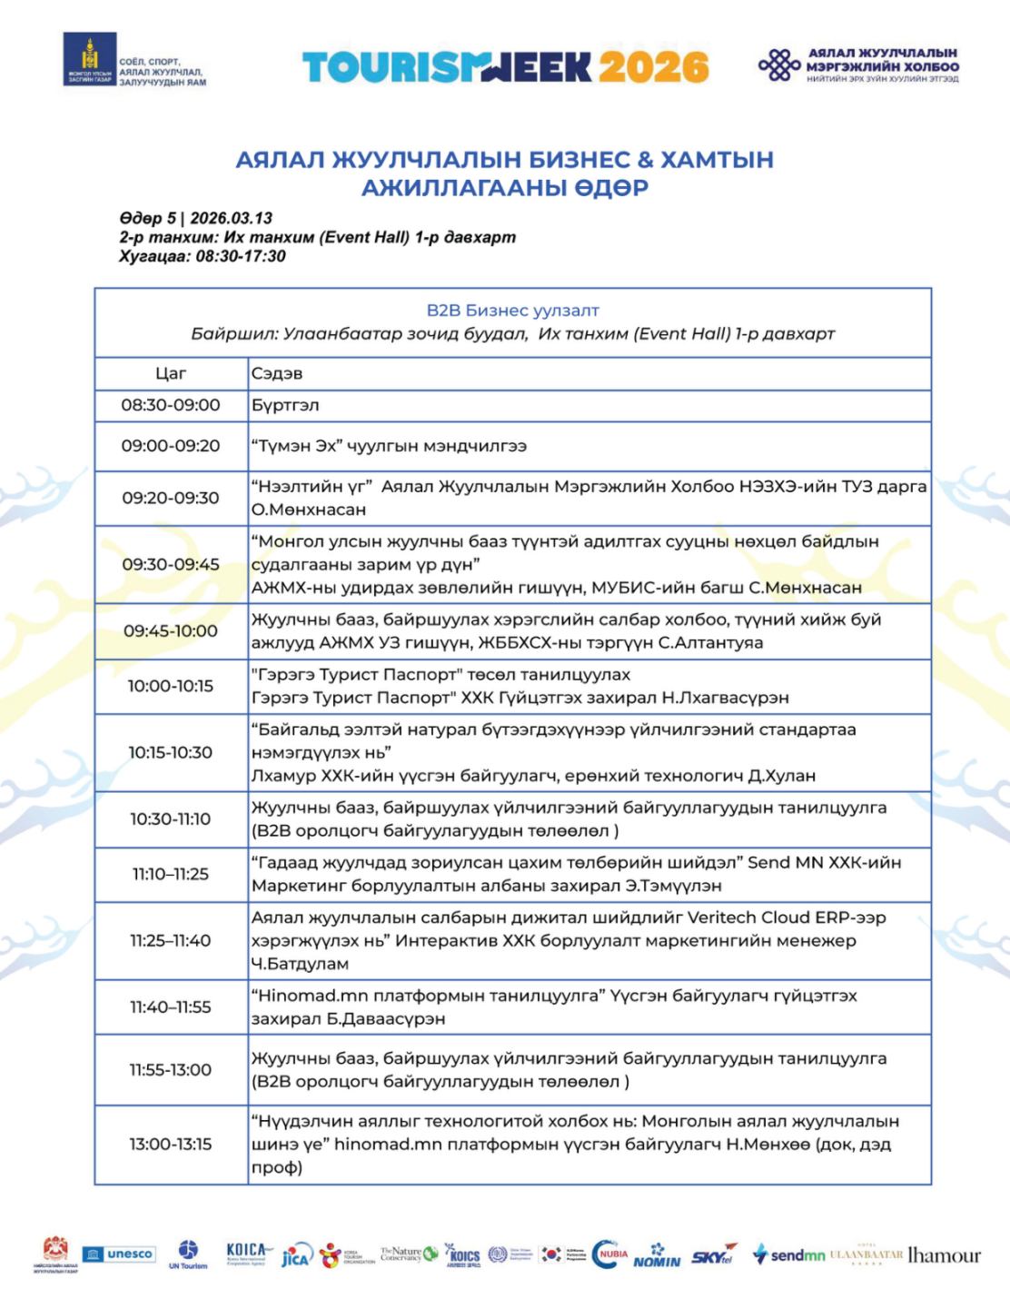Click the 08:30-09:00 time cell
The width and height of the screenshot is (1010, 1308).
click(x=171, y=405)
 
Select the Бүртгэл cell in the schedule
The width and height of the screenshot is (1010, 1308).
click(x=285, y=405)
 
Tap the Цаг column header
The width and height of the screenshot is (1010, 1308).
click(x=171, y=373)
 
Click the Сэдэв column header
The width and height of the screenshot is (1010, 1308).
click(x=277, y=373)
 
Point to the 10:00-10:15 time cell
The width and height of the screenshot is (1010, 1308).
click(x=171, y=686)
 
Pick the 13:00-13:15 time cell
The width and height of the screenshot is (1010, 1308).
click(x=171, y=1144)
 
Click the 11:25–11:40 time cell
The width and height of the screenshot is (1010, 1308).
click(x=171, y=940)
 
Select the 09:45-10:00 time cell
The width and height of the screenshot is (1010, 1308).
click(x=171, y=630)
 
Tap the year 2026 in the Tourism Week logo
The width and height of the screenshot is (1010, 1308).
click(x=653, y=67)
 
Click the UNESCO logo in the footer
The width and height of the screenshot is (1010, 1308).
click(x=119, y=1254)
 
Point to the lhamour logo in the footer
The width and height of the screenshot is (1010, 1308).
click(x=945, y=1255)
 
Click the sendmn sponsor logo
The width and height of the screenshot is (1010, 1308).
click(x=789, y=1255)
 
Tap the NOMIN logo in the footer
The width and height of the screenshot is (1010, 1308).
click(x=657, y=1257)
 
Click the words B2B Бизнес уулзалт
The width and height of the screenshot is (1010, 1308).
click(x=512, y=311)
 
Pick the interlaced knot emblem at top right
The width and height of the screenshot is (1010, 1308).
click(x=779, y=65)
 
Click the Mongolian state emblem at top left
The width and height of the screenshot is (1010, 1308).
click(x=89, y=60)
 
